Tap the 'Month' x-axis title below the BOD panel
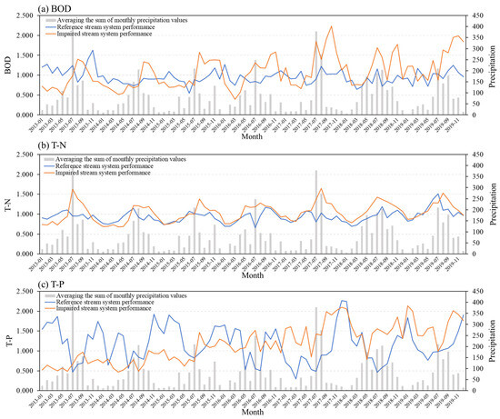click(x=252, y=136)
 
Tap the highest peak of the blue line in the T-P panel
click(x=343, y=301)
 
